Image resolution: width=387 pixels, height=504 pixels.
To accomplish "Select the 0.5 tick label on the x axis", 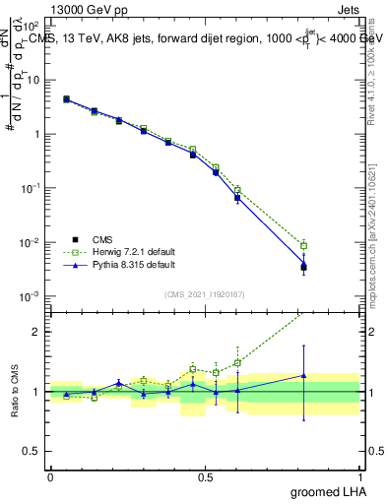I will tap(204, 476).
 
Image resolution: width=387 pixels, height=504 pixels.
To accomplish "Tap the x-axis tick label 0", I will tap(50, 476).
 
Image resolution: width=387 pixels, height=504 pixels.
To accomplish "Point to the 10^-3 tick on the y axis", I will tap(32, 296).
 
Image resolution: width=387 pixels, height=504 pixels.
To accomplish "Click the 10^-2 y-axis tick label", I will tap(32, 242).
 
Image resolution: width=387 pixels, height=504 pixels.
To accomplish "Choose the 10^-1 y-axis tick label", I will tap(32, 188).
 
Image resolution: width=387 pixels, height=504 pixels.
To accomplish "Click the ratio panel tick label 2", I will tap(38, 332).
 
